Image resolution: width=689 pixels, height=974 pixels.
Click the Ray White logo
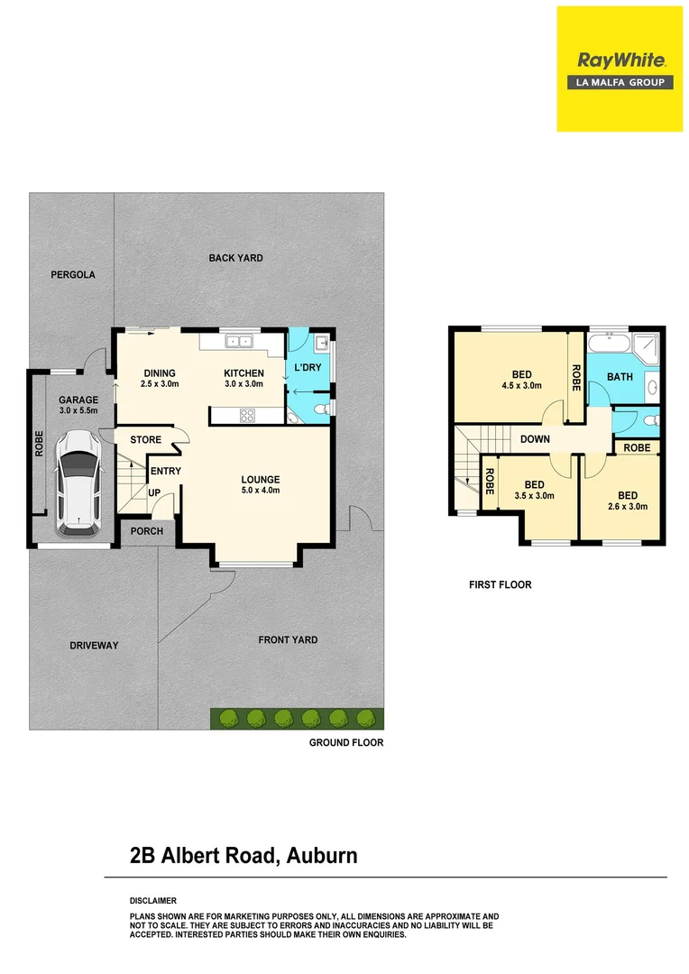620,69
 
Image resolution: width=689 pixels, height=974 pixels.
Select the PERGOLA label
73,275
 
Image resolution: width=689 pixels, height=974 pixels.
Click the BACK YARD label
235,258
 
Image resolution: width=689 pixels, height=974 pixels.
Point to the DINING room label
160,373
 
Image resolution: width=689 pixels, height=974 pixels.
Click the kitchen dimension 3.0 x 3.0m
244,384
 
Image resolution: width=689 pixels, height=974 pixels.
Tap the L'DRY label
307,368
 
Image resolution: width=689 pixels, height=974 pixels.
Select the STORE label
145,440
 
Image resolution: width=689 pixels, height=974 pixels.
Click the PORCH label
147,531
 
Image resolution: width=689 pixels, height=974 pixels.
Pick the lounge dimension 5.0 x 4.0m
260,491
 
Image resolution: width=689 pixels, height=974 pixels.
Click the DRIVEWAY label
94,646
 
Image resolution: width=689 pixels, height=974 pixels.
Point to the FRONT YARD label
288,640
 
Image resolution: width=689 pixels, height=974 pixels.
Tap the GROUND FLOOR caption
346,743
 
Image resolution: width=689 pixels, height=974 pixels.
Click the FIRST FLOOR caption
500,585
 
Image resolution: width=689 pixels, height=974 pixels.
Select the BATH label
620,377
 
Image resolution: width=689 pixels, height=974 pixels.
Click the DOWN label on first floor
535,440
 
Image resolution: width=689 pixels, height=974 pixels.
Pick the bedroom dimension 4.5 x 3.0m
521,386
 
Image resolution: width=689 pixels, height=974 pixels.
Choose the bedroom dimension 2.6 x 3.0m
628,507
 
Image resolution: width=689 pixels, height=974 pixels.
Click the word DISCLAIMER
153,901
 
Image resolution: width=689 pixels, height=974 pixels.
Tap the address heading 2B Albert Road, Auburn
243,856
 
